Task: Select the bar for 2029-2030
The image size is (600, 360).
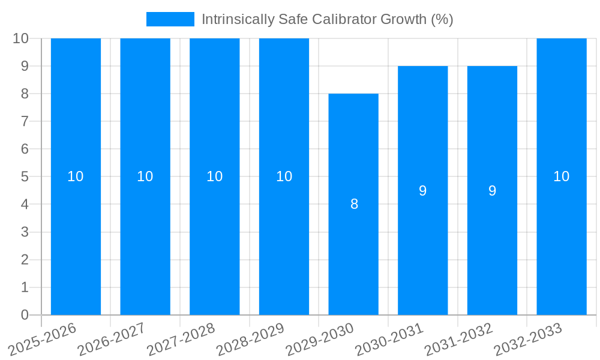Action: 353,204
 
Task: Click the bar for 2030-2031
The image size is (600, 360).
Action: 423,190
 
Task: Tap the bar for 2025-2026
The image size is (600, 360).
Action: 76,176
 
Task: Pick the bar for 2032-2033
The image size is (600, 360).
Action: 562,176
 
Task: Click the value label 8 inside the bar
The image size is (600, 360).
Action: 354,204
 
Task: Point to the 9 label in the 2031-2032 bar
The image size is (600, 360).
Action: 492,191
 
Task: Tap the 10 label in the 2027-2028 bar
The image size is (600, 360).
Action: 214,176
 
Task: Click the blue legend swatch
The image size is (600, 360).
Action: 170,19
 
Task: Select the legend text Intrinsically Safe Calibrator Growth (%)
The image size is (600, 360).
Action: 327,19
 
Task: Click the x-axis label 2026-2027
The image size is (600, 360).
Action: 111,339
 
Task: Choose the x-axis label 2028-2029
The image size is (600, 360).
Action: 250,339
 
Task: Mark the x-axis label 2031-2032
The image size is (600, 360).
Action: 458,339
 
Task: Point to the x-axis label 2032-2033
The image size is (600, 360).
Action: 527,339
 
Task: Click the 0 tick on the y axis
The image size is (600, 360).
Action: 25,315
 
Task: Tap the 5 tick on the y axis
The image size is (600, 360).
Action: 25,176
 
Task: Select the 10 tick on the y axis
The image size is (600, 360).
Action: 20,38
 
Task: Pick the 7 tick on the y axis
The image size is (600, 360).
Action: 25,121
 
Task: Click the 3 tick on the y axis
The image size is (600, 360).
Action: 25,232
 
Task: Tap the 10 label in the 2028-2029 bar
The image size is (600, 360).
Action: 284,176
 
